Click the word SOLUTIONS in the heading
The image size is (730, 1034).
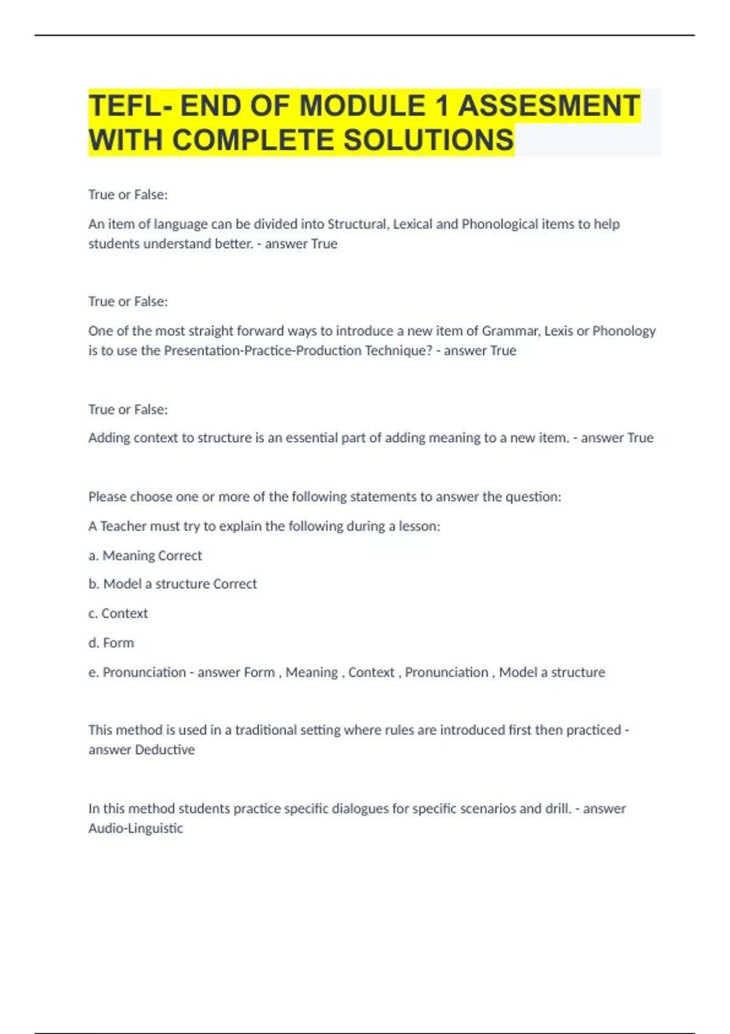click(429, 141)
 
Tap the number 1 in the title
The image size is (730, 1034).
click(442, 106)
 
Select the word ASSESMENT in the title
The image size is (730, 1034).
click(549, 106)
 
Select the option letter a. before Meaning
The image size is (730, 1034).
click(93, 556)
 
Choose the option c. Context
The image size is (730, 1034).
click(118, 614)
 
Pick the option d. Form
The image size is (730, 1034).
click(111, 643)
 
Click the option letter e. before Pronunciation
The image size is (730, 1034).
click(93, 673)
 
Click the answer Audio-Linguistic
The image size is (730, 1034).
click(136, 828)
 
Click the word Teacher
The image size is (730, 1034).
click(123, 526)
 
